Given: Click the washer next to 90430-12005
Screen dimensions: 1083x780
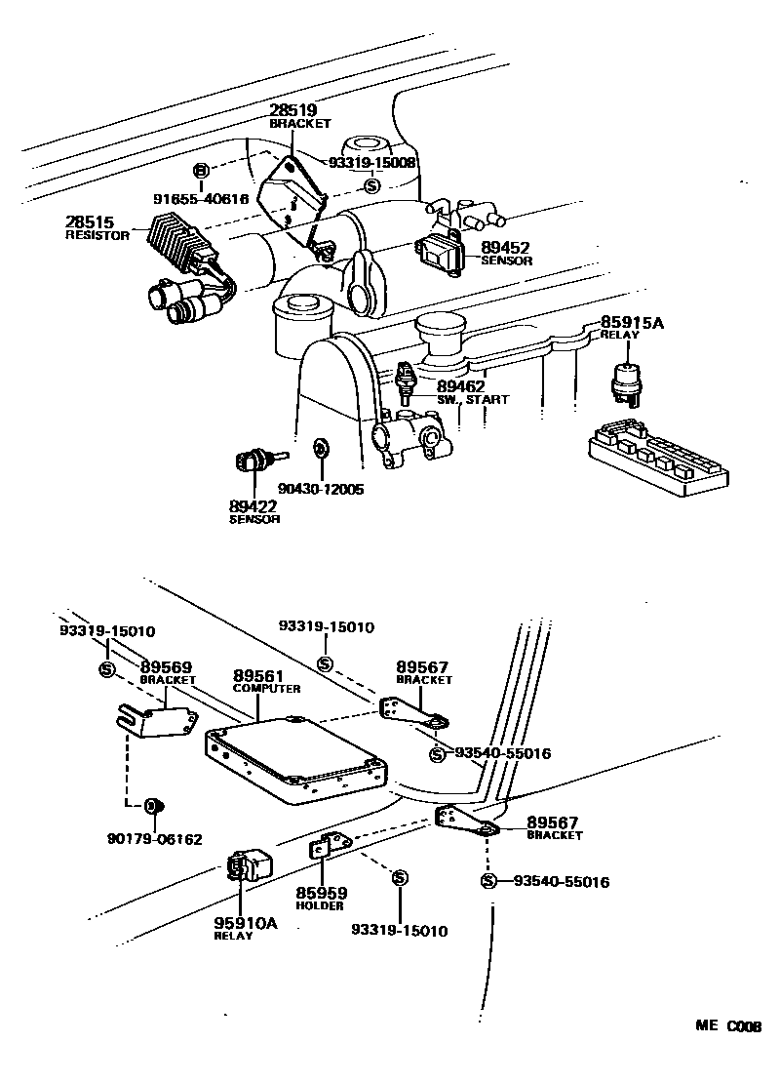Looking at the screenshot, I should pyautogui.click(x=319, y=449).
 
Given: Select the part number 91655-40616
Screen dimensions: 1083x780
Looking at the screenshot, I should pyautogui.click(x=201, y=199).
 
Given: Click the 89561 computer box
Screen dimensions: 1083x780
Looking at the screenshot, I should pyautogui.click(x=292, y=756).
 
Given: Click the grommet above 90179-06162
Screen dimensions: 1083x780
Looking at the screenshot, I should pyautogui.click(x=153, y=805).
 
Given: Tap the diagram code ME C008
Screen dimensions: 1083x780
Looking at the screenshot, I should pyautogui.click(x=726, y=1026).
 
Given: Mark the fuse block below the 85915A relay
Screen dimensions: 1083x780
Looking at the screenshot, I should pyautogui.click(x=658, y=453).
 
